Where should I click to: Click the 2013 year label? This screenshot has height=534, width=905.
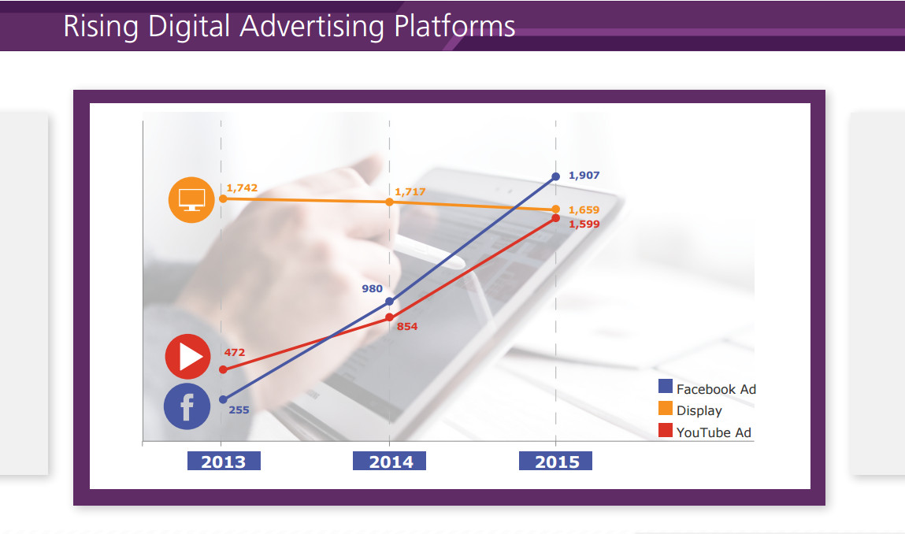click(224, 462)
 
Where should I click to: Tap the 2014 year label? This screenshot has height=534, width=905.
click(390, 462)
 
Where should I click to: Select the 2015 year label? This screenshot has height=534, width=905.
click(556, 462)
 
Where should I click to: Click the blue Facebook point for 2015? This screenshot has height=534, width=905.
click(556, 176)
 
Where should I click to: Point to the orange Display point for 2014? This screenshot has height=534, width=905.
click(390, 202)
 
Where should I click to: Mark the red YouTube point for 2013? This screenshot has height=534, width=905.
click(224, 369)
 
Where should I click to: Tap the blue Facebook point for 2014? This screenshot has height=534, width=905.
click(390, 302)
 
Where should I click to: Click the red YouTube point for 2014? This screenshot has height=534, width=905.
click(390, 317)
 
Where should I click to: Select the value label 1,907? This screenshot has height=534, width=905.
click(584, 175)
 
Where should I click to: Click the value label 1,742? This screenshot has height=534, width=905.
click(242, 187)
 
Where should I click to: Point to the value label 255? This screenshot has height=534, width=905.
click(239, 410)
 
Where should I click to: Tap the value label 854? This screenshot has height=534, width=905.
click(407, 326)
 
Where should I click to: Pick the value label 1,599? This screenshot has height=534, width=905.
click(584, 224)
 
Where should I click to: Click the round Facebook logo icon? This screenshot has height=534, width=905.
click(187, 406)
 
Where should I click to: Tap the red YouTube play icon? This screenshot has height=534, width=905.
click(188, 357)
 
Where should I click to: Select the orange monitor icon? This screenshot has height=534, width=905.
click(191, 200)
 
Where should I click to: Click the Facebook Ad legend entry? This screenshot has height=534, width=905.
click(707, 388)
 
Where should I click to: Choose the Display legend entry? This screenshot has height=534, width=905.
click(690, 410)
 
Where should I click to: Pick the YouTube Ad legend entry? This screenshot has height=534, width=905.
click(705, 432)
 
